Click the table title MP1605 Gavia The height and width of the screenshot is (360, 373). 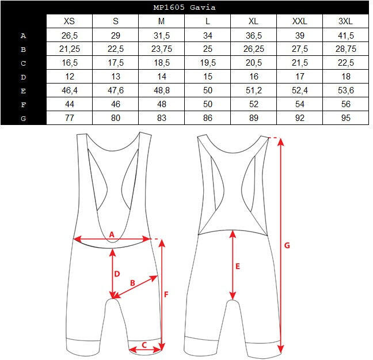(x=184, y=7)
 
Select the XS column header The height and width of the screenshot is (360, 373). (x=69, y=21)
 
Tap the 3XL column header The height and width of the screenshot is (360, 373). (x=345, y=21)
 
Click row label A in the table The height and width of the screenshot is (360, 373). (x=23, y=36)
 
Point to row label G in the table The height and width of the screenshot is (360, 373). (x=23, y=118)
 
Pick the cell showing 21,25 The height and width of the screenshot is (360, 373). (x=70, y=49)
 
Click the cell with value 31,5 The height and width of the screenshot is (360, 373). (x=162, y=36)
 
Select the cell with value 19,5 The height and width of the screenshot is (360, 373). (x=208, y=63)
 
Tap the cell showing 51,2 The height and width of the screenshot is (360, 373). (x=254, y=90)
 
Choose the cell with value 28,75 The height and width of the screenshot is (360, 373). (x=346, y=49)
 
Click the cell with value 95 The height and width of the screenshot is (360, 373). (x=346, y=118)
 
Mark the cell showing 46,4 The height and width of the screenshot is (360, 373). (x=70, y=90)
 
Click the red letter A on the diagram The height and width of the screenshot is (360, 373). (x=112, y=234)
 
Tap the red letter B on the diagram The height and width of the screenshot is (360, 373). (x=132, y=283)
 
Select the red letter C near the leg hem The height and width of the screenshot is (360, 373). (x=144, y=345)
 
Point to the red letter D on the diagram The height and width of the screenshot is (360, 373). (x=117, y=274)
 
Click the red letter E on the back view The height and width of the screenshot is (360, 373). (x=237, y=266)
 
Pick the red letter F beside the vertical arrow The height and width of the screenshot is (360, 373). (x=166, y=294)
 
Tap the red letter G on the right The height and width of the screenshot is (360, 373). (x=287, y=245)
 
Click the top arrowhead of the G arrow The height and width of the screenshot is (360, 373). (x=281, y=142)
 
